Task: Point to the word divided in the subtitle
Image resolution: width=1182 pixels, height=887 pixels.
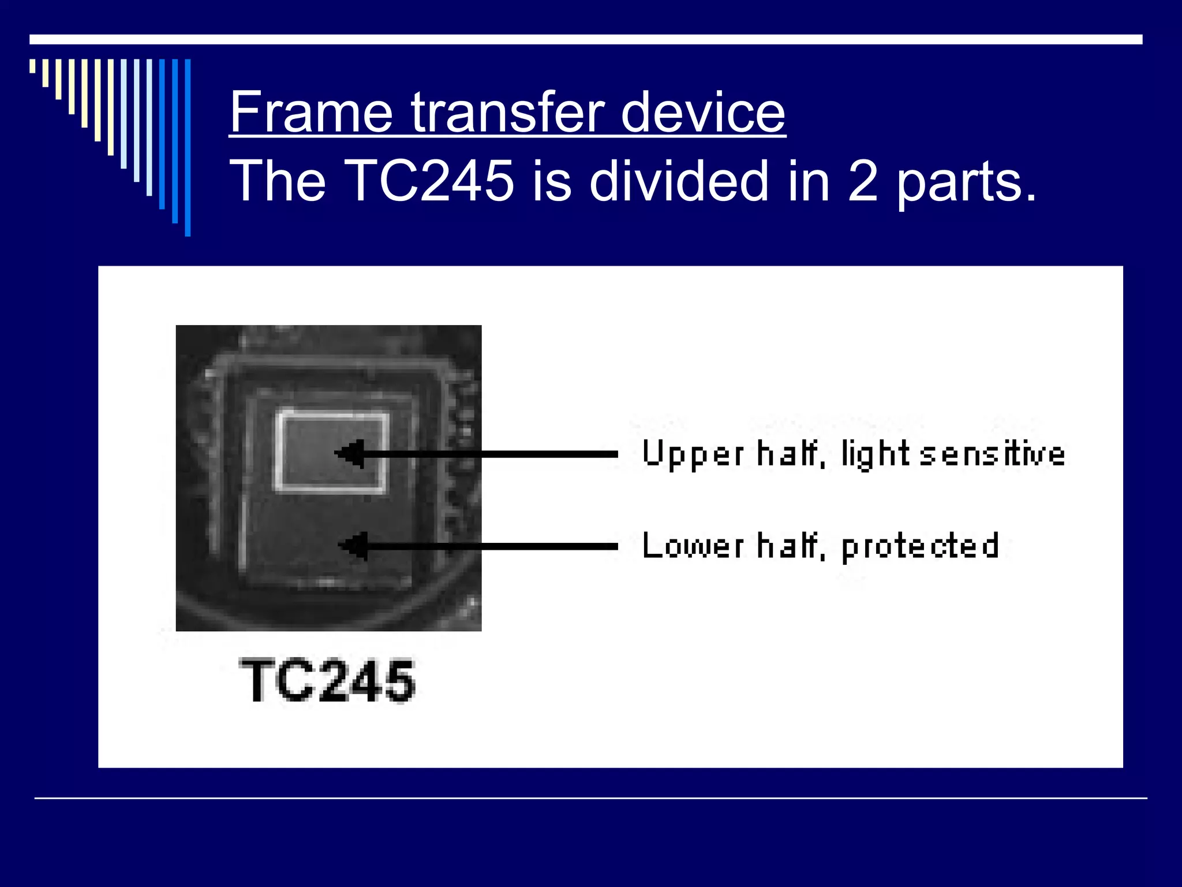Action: (679, 181)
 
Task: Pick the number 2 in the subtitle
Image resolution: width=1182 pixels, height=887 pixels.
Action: (863, 181)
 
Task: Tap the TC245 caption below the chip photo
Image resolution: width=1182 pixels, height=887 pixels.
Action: (327, 681)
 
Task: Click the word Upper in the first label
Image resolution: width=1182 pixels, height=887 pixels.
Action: (693, 454)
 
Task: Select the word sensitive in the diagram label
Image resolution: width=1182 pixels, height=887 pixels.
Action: (992, 454)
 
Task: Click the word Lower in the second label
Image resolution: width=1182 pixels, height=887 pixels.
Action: (693, 546)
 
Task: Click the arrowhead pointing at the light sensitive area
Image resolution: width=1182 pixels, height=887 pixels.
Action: (350, 454)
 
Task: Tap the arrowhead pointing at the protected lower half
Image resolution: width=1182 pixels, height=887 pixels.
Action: (353, 546)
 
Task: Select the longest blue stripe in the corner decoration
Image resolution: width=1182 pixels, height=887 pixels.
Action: (188, 147)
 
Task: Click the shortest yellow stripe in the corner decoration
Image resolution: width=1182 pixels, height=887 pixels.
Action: (32, 66)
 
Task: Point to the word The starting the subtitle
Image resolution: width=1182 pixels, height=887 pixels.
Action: (278, 181)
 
